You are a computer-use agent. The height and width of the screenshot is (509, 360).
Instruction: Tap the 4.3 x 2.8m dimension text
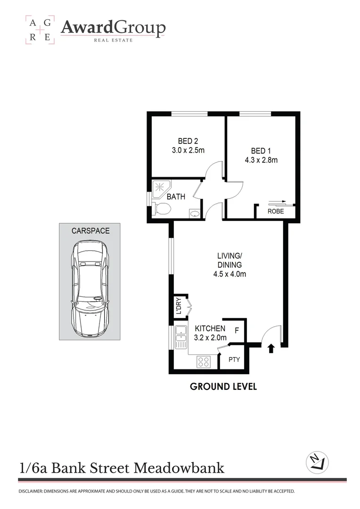point(261,160)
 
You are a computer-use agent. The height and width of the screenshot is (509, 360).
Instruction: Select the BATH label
point(176,197)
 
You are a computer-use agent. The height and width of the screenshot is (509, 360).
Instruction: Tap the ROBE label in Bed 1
point(276,212)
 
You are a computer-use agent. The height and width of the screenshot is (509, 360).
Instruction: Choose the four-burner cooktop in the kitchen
point(204,361)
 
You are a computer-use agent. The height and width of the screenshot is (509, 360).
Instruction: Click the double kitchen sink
point(180,337)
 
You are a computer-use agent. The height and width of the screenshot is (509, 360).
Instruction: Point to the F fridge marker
point(237,330)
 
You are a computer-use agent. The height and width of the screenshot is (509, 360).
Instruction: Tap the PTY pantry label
point(234,360)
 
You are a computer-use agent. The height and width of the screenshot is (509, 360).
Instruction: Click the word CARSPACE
point(90,231)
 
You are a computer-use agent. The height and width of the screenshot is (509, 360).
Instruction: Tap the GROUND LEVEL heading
point(223,386)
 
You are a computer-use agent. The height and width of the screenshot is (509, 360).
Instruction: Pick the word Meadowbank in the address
point(179,468)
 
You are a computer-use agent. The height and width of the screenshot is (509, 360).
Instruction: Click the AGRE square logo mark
point(40,30)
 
